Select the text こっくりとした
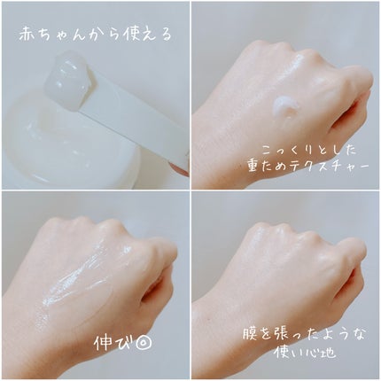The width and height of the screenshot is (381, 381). pos(309,151)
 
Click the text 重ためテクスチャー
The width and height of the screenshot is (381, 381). pos(308,167)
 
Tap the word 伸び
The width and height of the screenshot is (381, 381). pos(113,342)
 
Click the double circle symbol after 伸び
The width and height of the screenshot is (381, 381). pos(143,343)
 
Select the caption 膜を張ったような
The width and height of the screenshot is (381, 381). pos(304,335)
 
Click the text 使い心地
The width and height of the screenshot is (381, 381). pos(305,352)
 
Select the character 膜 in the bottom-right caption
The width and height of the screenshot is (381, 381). pos(251,335)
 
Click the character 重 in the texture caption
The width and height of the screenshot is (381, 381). pos(254,167)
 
